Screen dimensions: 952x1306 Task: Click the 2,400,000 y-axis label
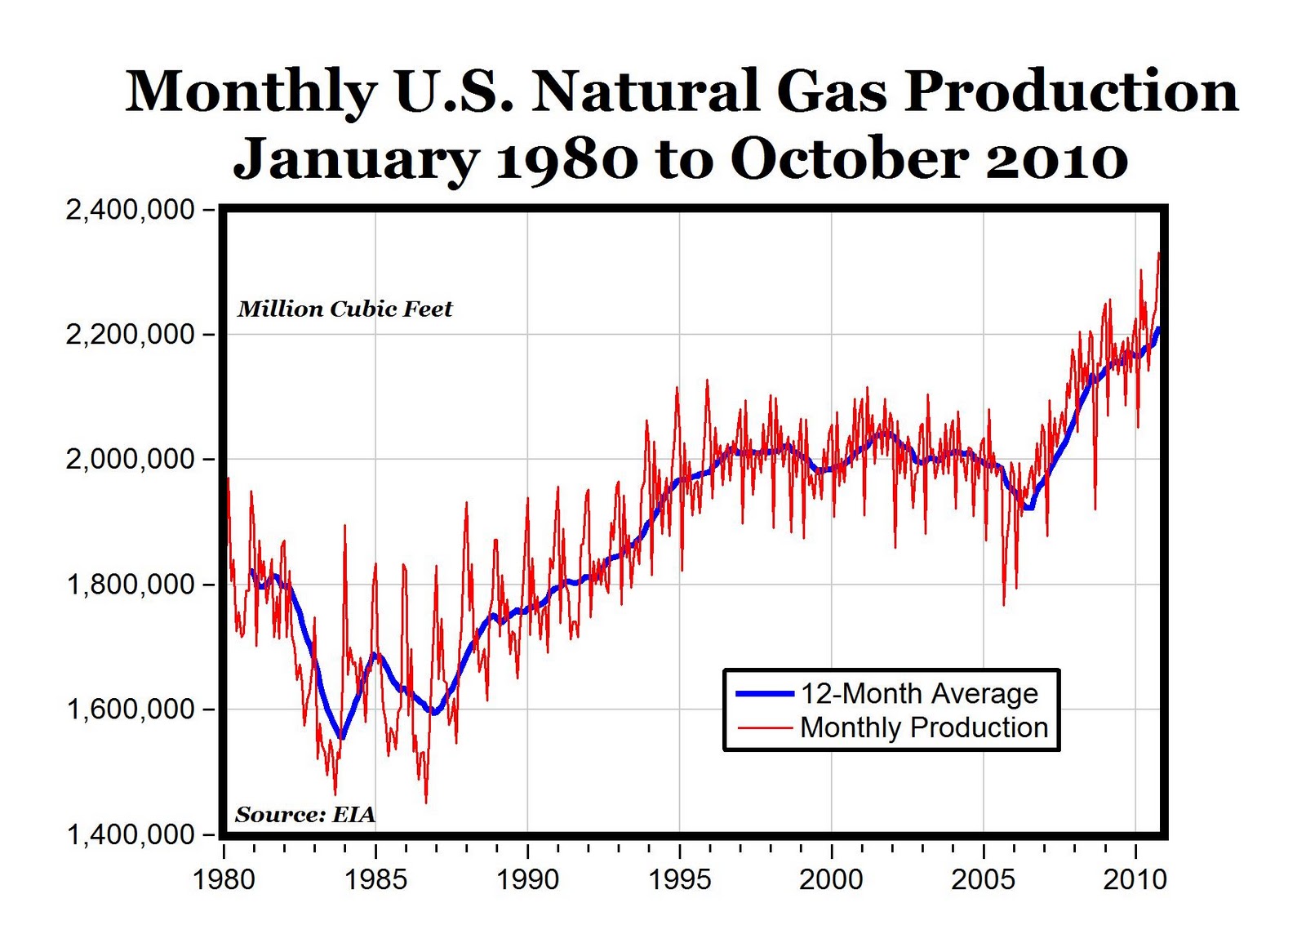point(130,210)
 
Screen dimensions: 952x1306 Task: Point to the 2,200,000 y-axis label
point(130,335)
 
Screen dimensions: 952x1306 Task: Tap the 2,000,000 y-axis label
point(130,460)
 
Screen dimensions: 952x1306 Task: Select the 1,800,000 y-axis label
point(130,585)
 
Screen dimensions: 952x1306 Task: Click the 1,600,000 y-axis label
point(130,710)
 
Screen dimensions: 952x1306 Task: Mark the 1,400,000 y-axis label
point(130,834)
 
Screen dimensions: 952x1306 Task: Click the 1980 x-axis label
point(224,879)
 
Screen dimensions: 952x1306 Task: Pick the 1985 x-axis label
point(375,879)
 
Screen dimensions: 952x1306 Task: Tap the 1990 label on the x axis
point(527,879)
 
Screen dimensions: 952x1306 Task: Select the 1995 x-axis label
point(679,879)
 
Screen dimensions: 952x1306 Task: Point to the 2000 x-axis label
point(831,879)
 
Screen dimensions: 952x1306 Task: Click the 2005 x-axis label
point(984,879)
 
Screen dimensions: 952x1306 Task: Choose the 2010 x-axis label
point(1135,879)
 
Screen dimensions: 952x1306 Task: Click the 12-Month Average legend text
point(919,693)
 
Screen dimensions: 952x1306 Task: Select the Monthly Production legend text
point(924,727)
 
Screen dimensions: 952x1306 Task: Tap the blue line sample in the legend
point(765,693)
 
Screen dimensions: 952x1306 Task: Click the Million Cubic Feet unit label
point(344,309)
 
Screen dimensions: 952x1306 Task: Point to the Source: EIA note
point(305,814)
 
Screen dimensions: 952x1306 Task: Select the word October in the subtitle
point(850,158)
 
